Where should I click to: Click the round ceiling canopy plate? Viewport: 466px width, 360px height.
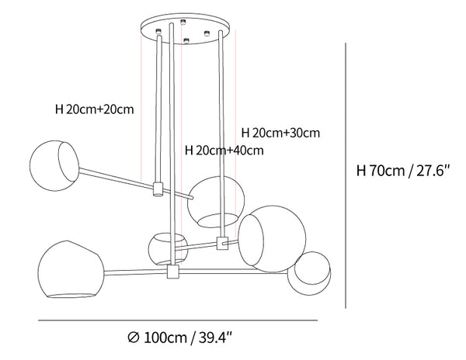click(x=185, y=29)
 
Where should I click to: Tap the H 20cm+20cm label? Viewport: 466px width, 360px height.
click(x=95, y=109)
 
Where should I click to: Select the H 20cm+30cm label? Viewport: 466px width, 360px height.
click(x=280, y=133)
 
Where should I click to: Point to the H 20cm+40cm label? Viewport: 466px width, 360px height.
click(x=224, y=151)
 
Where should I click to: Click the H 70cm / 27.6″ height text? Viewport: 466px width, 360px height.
click(x=404, y=171)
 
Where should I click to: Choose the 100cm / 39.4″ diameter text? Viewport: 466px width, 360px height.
click(x=188, y=337)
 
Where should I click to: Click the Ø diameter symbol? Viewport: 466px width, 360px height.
click(x=134, y=337)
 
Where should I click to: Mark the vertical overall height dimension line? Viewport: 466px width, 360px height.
click(x=346, y=175)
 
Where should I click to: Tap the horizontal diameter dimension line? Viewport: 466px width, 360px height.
click(x=178, y=320)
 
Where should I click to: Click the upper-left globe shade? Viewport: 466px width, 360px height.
click(x=54, y=165)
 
